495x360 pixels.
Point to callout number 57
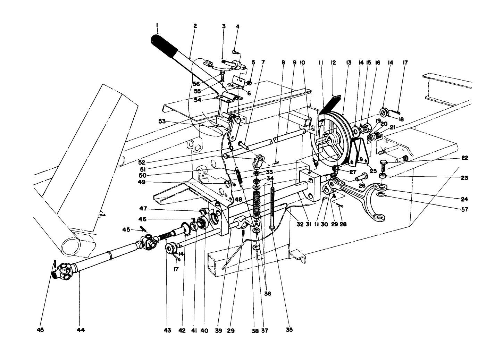pos(465,210)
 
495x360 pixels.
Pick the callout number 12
pos(334,63)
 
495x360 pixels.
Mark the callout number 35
pos(289,330)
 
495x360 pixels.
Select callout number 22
pos(465,158)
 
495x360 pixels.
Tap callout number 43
pos(167,330)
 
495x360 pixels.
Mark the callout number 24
pos(465,199)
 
